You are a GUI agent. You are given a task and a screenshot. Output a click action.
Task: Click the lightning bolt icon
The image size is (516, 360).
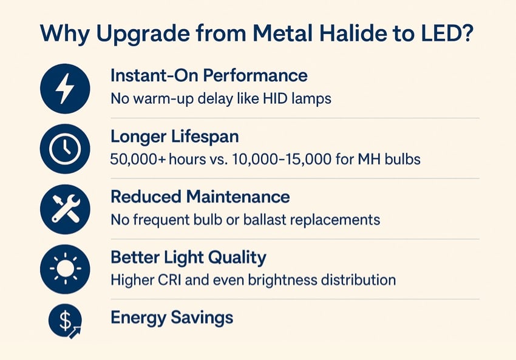[x=65, y=89]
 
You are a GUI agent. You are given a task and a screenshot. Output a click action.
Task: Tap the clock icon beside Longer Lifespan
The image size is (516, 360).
[x=65, y=149]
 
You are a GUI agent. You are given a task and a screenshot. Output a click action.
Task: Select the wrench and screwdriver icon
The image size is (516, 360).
[x=65, y=209]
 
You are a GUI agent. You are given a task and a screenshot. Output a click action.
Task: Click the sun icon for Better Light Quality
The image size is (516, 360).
[x=65, y=270]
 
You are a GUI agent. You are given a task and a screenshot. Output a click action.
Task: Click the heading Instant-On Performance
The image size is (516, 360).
[x=209, y=76]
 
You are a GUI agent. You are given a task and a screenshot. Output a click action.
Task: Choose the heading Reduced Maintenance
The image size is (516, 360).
[x=200, y=197]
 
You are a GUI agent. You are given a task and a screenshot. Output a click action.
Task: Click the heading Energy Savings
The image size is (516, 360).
[x=172, y=318]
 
